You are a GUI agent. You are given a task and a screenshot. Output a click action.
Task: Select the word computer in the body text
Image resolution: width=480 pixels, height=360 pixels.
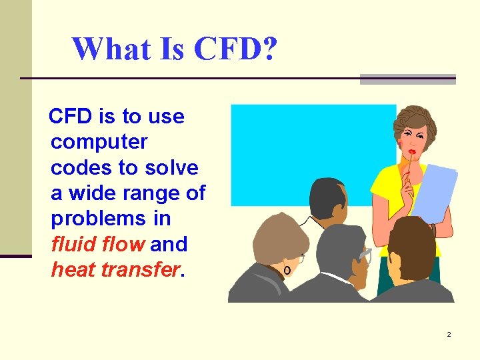click(99, 142)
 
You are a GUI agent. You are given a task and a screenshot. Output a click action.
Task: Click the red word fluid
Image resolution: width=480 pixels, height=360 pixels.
click(73, 245)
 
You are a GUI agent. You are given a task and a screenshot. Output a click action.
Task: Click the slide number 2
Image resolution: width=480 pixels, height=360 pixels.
click(449, 334)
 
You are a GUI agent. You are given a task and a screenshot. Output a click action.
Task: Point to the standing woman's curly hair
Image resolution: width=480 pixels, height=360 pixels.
click(415, 120)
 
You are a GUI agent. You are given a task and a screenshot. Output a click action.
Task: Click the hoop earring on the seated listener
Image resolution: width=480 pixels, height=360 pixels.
click(287, 270)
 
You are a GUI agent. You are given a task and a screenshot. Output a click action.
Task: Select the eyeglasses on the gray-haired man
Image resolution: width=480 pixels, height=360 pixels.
click(365, 254)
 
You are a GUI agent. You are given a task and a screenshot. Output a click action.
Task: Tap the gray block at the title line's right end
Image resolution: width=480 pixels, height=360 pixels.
click(407, 79)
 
